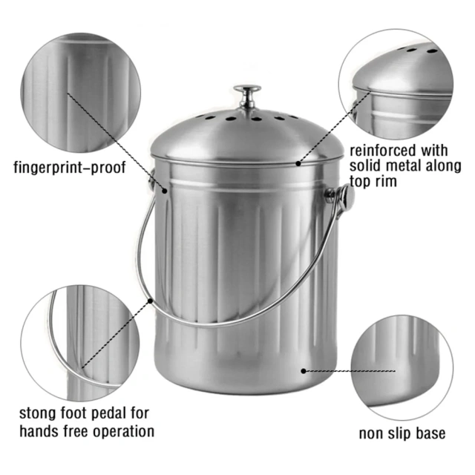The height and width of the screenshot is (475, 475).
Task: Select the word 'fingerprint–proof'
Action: pos(70,166)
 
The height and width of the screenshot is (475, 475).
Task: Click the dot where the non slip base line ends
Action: pos(304,369)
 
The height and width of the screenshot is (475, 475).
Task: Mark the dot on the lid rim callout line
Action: pos(298,162)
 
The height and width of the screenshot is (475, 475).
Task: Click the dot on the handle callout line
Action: pos(151,301)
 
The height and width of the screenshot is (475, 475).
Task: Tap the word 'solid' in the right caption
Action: pos(367,166)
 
